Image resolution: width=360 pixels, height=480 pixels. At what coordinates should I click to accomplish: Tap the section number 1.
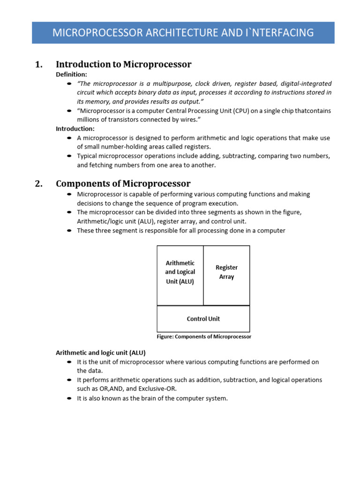click(x=39, y=64)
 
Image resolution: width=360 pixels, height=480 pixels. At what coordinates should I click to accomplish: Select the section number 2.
click(x=39, y=183)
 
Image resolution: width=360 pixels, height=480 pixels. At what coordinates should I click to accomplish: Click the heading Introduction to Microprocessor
click(x=123, y=64)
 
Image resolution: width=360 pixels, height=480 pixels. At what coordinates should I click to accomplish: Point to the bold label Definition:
click(x=71, y=75)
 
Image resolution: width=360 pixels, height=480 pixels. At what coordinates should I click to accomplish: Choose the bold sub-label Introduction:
click(x=75, y=128)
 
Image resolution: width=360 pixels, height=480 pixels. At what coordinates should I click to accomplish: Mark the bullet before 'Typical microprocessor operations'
click(x=69, y=156)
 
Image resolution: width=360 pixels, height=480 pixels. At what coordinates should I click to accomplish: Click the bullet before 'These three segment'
click(x=69, y=231)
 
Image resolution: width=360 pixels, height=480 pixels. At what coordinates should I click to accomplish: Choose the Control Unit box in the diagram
click(x=203, y=319)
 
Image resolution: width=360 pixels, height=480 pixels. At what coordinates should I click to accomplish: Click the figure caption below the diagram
click(x=203, y=337)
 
